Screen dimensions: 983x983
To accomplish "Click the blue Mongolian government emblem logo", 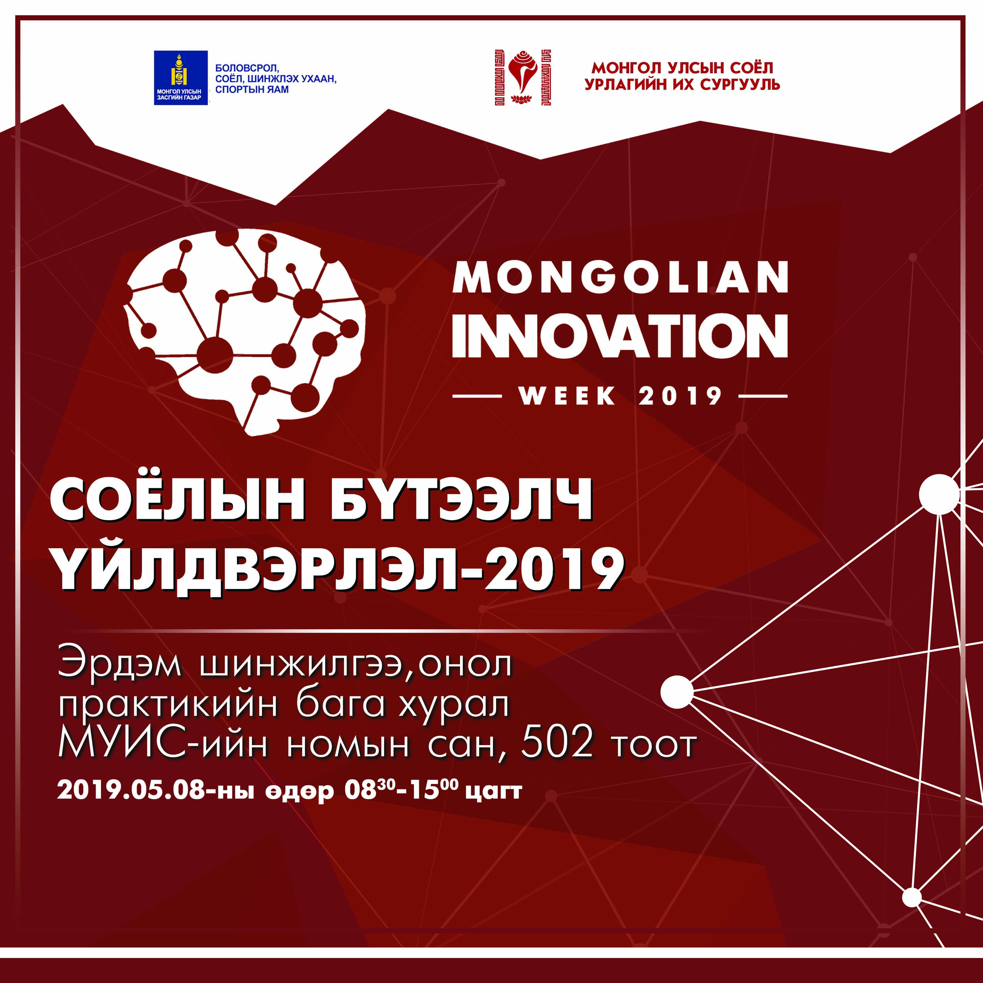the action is click(181, 78).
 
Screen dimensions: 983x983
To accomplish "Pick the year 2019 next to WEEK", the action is click(680, 396).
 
